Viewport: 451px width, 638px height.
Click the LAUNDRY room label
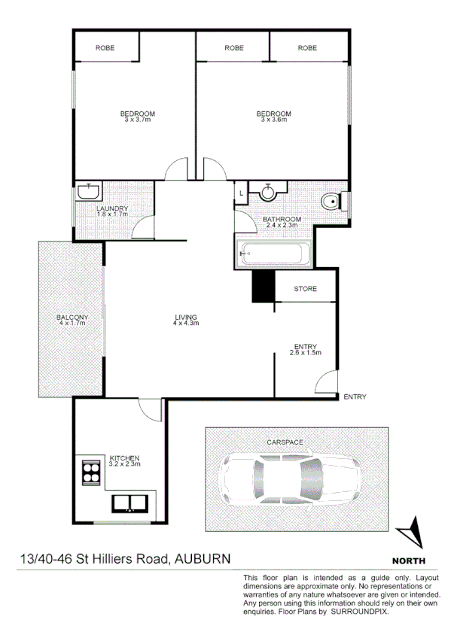(113, 208)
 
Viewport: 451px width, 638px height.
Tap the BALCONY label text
(72, 317)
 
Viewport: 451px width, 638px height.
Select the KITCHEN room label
(124, 458)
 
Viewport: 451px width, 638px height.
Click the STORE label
(305, 289)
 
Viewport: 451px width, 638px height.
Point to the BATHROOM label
(281, 220)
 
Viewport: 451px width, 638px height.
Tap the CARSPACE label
(285, 442)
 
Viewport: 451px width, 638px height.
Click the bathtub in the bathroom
(272, 254)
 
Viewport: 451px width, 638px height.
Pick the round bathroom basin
(268, 192)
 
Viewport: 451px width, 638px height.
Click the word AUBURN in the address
(203, 559)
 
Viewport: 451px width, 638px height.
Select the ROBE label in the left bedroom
(105, 48)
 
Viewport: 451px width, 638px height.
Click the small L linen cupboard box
(241, 193)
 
